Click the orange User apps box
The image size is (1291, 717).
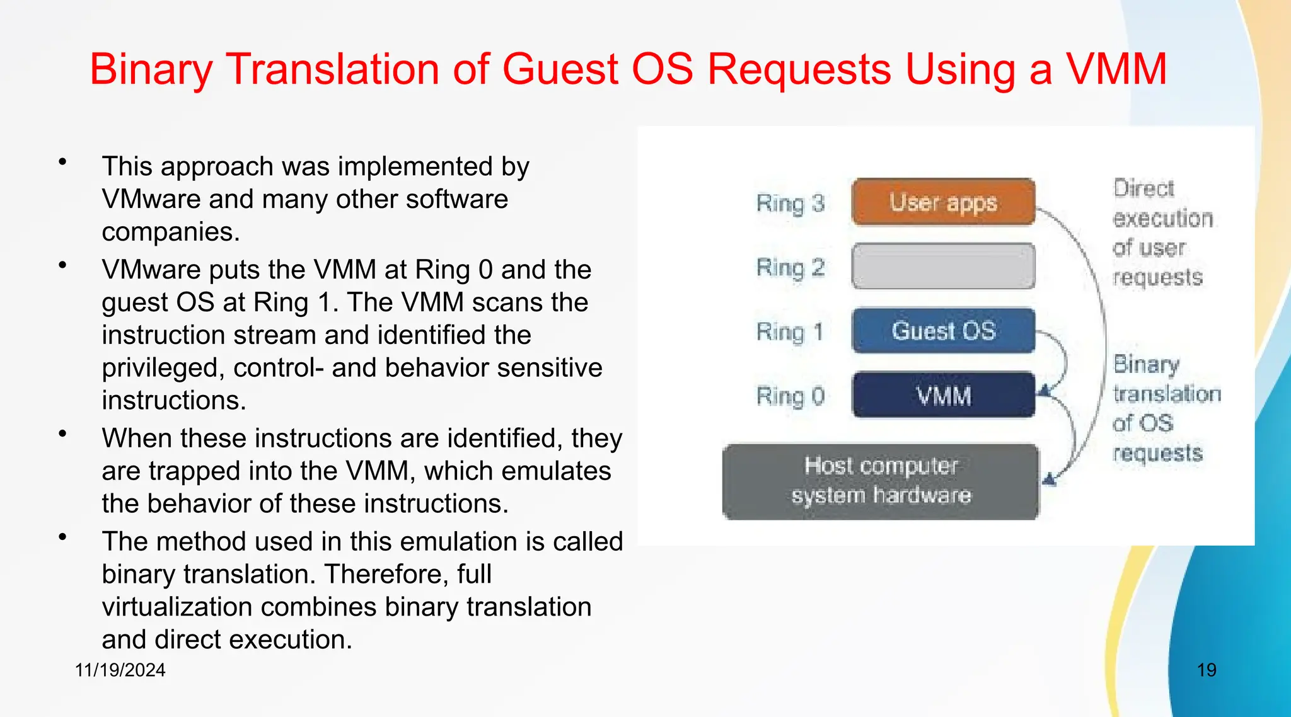[943, 202]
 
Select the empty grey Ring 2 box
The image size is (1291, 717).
[943, 267]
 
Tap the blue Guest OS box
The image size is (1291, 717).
[943, 331]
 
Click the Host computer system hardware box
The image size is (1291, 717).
[880, 481]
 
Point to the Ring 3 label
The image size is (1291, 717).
[790, 204]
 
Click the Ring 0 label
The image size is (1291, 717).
[790, 396]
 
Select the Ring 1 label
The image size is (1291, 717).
[790, 331]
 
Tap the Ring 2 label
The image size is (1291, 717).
[790, 268]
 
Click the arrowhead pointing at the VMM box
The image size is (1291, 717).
[1045, 391]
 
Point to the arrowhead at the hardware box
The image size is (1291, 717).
[1049, 480]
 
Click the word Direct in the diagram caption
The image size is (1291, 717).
[1143, 188]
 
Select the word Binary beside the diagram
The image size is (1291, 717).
[1146, 364]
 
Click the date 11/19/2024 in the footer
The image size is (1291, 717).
[120, 670]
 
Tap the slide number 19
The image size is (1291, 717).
[1207, 670]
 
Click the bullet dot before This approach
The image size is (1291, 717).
[62, 163]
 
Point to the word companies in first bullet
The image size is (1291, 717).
[170, 232]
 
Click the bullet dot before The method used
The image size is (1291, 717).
[62, 537]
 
